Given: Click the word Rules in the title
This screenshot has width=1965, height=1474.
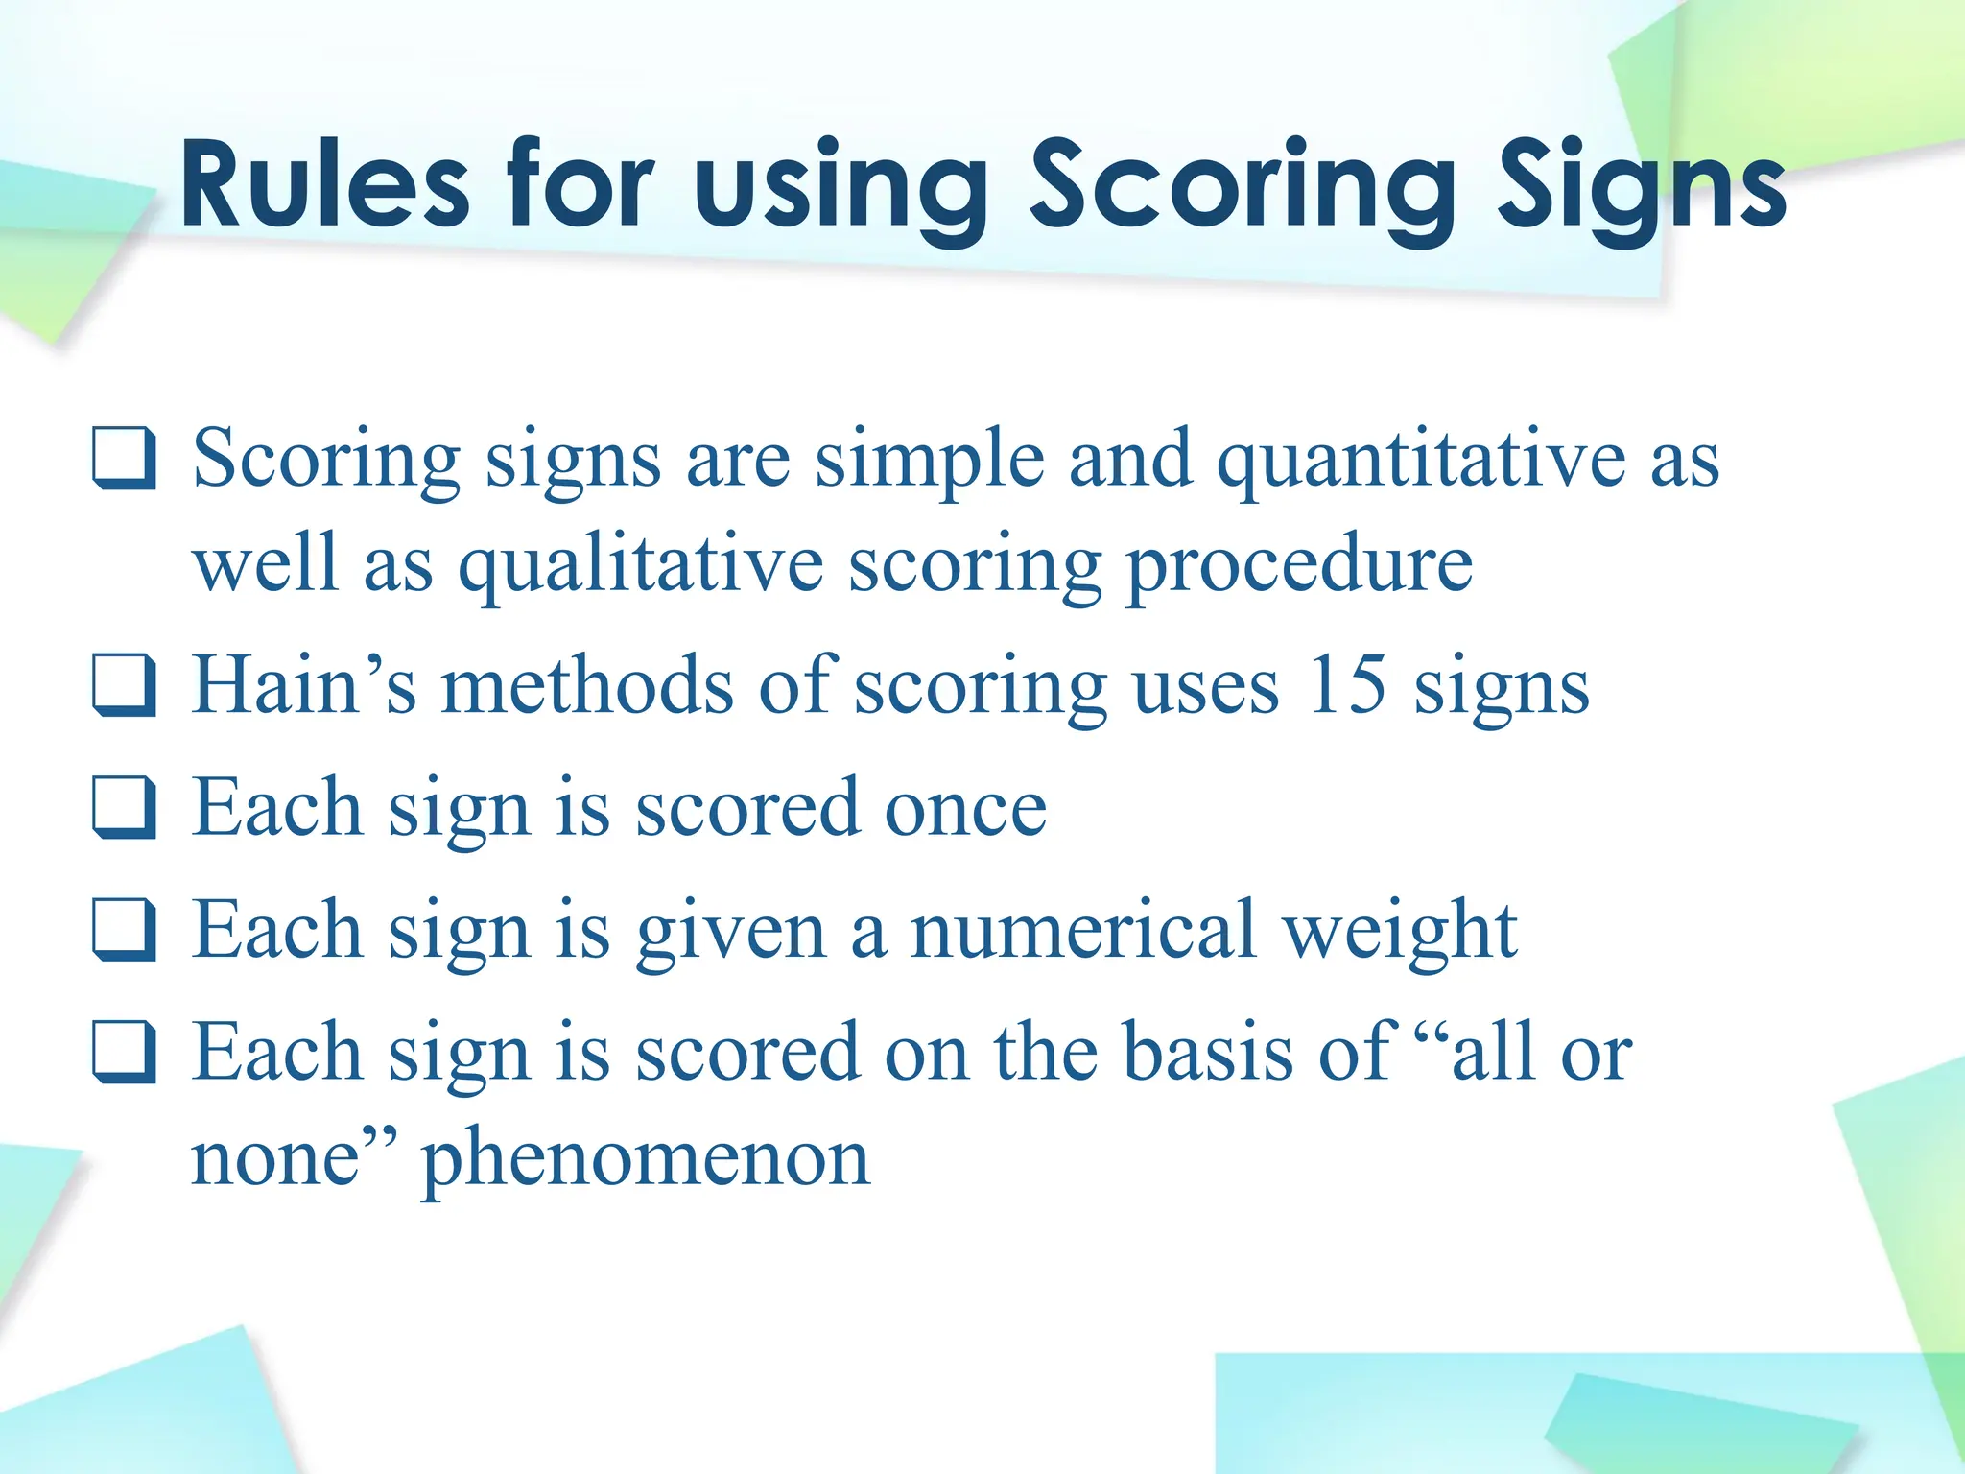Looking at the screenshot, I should [x=324, y=184].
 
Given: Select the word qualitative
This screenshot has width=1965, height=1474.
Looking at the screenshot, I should [x=640, y=564].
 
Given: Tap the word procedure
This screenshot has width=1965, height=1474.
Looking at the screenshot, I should [x=1299, y=564].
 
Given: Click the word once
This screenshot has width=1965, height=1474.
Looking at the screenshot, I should [x=964, y=808].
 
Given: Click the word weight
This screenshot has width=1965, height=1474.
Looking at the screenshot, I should [x=1400, y=930].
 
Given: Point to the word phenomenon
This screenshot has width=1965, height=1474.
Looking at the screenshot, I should [x=646, y=1157].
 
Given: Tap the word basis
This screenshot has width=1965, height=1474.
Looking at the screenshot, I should [x=1207, y=1053].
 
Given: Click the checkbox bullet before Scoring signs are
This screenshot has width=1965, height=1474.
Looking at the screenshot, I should [x=124, y=459].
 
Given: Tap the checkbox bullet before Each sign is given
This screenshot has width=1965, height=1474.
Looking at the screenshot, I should [x=124, y=930].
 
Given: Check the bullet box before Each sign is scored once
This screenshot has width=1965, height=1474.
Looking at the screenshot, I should [x=124, y=808].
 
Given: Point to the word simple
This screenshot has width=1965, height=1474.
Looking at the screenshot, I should [x=930, y=459].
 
